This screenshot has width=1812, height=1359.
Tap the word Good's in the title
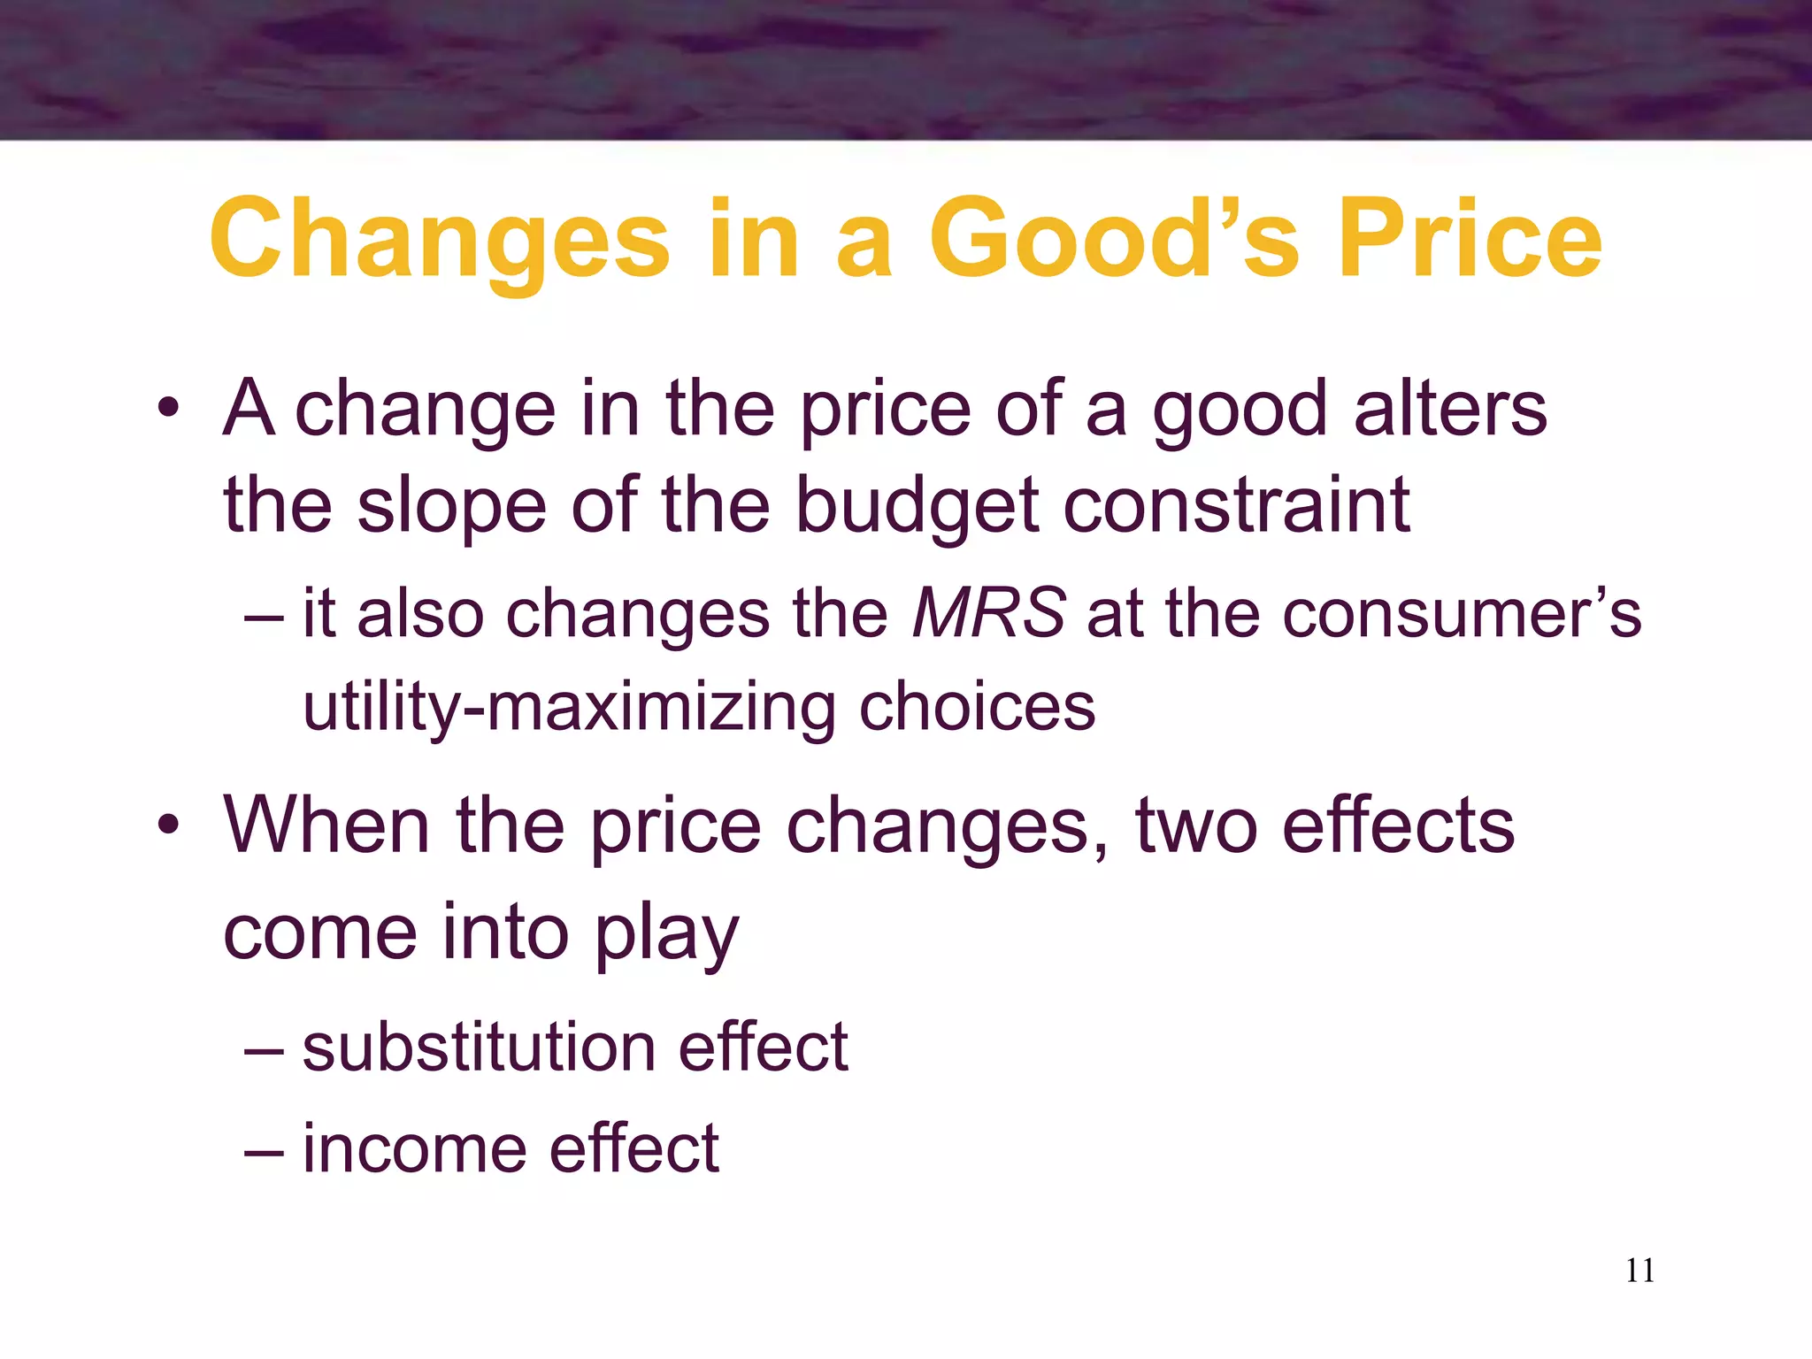pos(1114,239)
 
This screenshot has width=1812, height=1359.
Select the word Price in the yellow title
pos(1470,239)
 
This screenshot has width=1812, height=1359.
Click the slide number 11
pos(1639,1271)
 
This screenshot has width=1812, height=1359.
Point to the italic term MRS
pos(988,613)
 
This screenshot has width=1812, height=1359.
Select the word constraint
pos(1236,505)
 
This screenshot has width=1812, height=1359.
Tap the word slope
pos(451,507)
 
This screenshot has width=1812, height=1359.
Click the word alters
pos(1450,408)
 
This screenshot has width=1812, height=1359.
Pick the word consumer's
pos(1462,613)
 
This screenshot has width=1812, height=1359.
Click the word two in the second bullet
pos(1196,826)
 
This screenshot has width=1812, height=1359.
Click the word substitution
pos(478,1047)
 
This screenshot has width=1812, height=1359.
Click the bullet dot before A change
pos(168,409)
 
